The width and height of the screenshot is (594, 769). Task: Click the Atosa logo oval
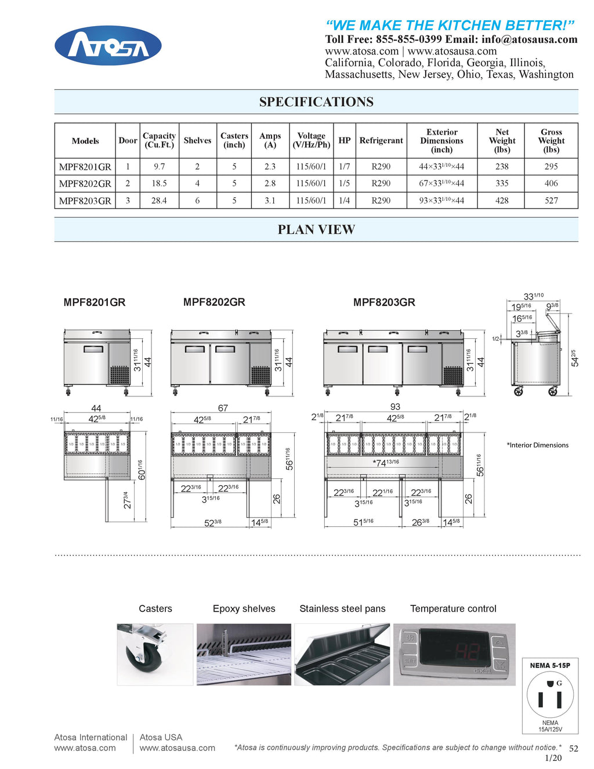[x=108, y=45]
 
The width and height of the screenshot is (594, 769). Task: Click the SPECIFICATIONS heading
[x=316, y=102]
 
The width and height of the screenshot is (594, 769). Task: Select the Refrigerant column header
[x=381, y=140]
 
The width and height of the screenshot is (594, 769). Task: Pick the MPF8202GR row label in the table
[x=85, y=183]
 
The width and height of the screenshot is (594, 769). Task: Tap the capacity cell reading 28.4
[x=159, y=200]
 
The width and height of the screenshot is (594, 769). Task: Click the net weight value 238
[x=502, y=167]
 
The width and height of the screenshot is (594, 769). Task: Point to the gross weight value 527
[x=551, y=200]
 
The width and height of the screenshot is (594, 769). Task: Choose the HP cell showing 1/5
[x=345, y=183]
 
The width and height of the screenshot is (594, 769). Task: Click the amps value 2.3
[x=270, y=167]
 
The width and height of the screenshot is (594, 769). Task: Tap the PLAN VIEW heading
[x=316, y=230]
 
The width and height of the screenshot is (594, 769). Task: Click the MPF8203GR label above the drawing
[x=384, y=302]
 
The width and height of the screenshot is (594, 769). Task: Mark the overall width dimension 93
[x=395, y=407]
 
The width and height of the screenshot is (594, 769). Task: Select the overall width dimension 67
[x=223, y=408]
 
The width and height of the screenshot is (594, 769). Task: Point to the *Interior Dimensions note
[x=537, y=445]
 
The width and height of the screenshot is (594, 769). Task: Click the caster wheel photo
[x=155, y=655]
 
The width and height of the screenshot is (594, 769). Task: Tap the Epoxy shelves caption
[x=244, y=609]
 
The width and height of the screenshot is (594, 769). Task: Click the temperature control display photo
[x=454, y=655]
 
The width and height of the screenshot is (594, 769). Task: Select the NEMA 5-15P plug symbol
[x=550, y=697]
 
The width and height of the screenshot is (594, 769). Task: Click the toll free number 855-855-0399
[x=409, y=39]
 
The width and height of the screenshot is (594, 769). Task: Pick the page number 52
[x=573, y=749]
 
